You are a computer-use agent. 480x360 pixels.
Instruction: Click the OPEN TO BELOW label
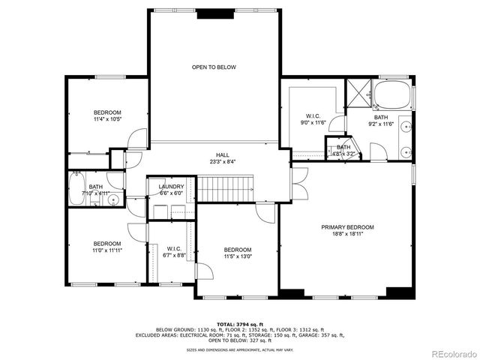point(214,67)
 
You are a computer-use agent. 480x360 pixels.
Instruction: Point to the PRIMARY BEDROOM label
point(347,227)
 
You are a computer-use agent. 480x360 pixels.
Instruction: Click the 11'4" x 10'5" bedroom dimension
point(108,118)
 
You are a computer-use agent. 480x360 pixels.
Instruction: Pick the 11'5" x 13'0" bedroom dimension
point(238,256)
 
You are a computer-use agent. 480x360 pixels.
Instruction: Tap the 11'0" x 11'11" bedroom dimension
point(107,250)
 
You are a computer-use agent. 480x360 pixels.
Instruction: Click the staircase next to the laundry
point(226,190)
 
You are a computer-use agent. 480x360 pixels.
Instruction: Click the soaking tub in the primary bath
point(391,95)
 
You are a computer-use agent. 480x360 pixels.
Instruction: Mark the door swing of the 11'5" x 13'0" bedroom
point(264,214)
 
